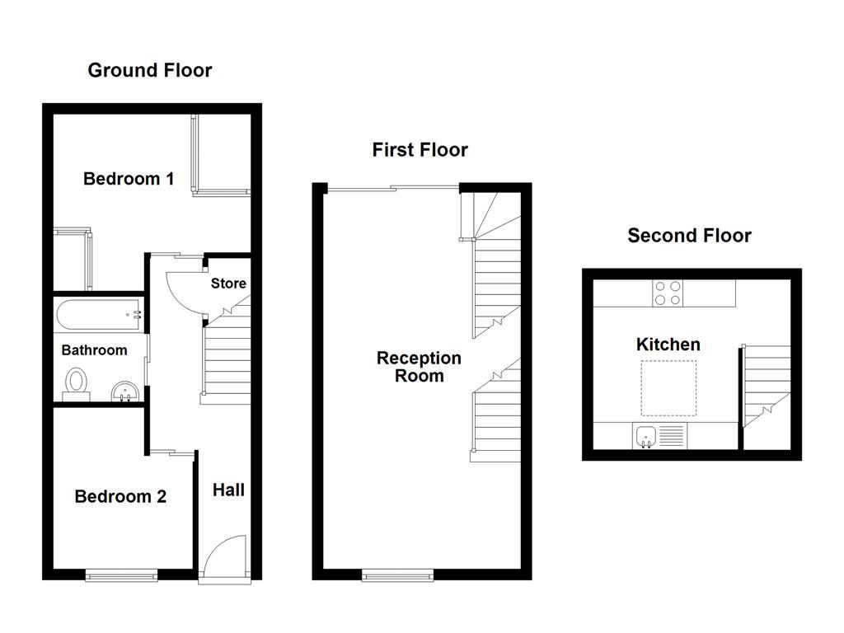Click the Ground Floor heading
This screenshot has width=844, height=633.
tap(149, 71)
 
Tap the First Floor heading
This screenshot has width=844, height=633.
tap(420, 150)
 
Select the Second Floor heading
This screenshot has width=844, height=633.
tap(689, 236)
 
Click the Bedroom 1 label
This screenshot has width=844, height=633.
tap(129, 179)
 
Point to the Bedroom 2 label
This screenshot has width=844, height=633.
tap(120, 496)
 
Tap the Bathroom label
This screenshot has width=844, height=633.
tap(94, 350)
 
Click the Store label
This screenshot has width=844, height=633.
tap(228, 284)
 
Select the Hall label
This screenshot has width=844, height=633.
tap(228, 490)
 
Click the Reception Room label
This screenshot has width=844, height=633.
tap(419, 367)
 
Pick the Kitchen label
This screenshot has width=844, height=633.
tap(668, 345)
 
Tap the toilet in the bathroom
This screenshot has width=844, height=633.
tap(77, 383)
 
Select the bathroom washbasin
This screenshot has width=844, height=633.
tap(124, 390)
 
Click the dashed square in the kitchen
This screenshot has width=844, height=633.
tap(668, 387)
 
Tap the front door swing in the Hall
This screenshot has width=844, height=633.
tap(223, 556)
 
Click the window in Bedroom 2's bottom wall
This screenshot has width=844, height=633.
tap(121, 574)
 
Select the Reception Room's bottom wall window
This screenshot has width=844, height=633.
tap(398, 574)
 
